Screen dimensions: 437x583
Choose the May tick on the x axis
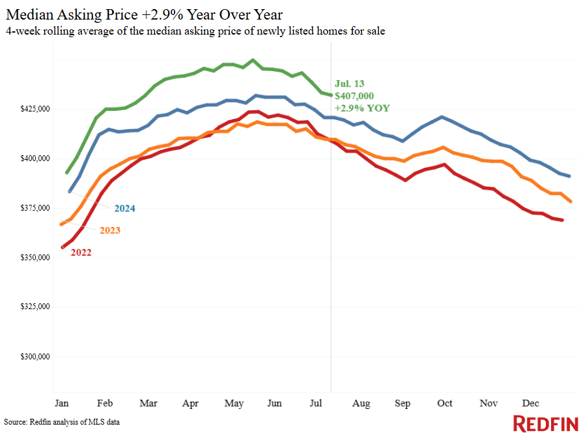click(234, 404)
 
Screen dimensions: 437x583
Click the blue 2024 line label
click(125, 209)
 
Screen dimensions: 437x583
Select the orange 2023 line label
click(110, 230)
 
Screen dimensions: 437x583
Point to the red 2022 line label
click(81, 252)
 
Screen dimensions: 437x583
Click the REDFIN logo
click(545, 423)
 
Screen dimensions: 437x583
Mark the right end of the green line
click(330, 95)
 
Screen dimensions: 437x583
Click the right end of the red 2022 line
click(562, 220)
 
